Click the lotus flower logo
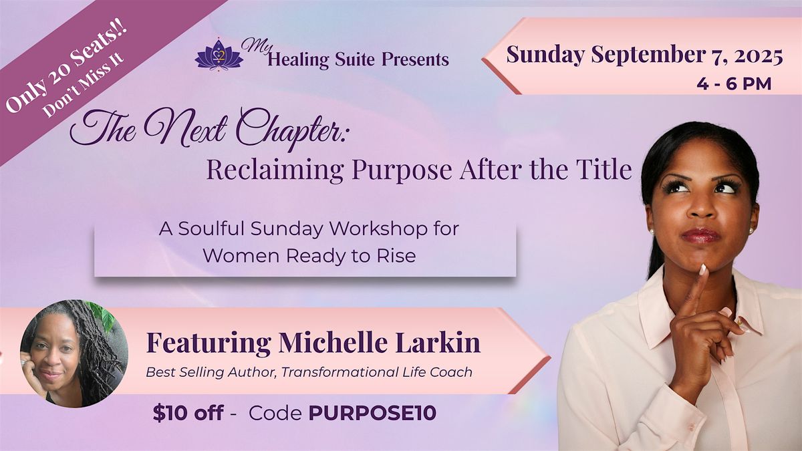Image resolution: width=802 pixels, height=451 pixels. click(x=219, y=55)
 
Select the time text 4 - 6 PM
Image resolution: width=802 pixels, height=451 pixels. click(x=734, y=84)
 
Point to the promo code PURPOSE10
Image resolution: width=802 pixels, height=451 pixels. click(x=372, y=413)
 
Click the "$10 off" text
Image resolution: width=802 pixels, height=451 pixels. click(x=188, y=413)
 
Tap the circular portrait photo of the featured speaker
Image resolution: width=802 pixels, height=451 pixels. click(x=74, y=353)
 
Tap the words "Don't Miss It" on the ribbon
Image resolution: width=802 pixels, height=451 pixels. click(x=83, y=86)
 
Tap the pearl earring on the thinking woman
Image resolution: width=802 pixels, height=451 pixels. click(x=652, y=232)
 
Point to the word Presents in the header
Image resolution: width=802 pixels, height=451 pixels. click(x=415, y=59)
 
